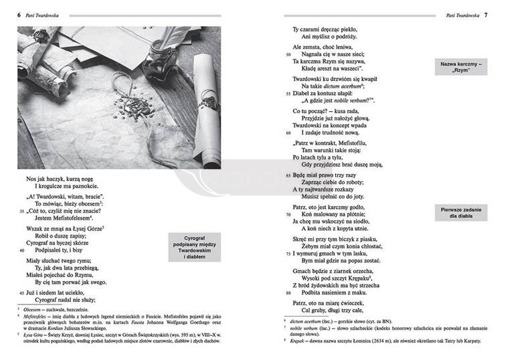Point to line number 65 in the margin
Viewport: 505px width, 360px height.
coord(288,175)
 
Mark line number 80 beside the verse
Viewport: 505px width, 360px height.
coord(288,292)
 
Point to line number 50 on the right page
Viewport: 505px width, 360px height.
coord(288,54)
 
